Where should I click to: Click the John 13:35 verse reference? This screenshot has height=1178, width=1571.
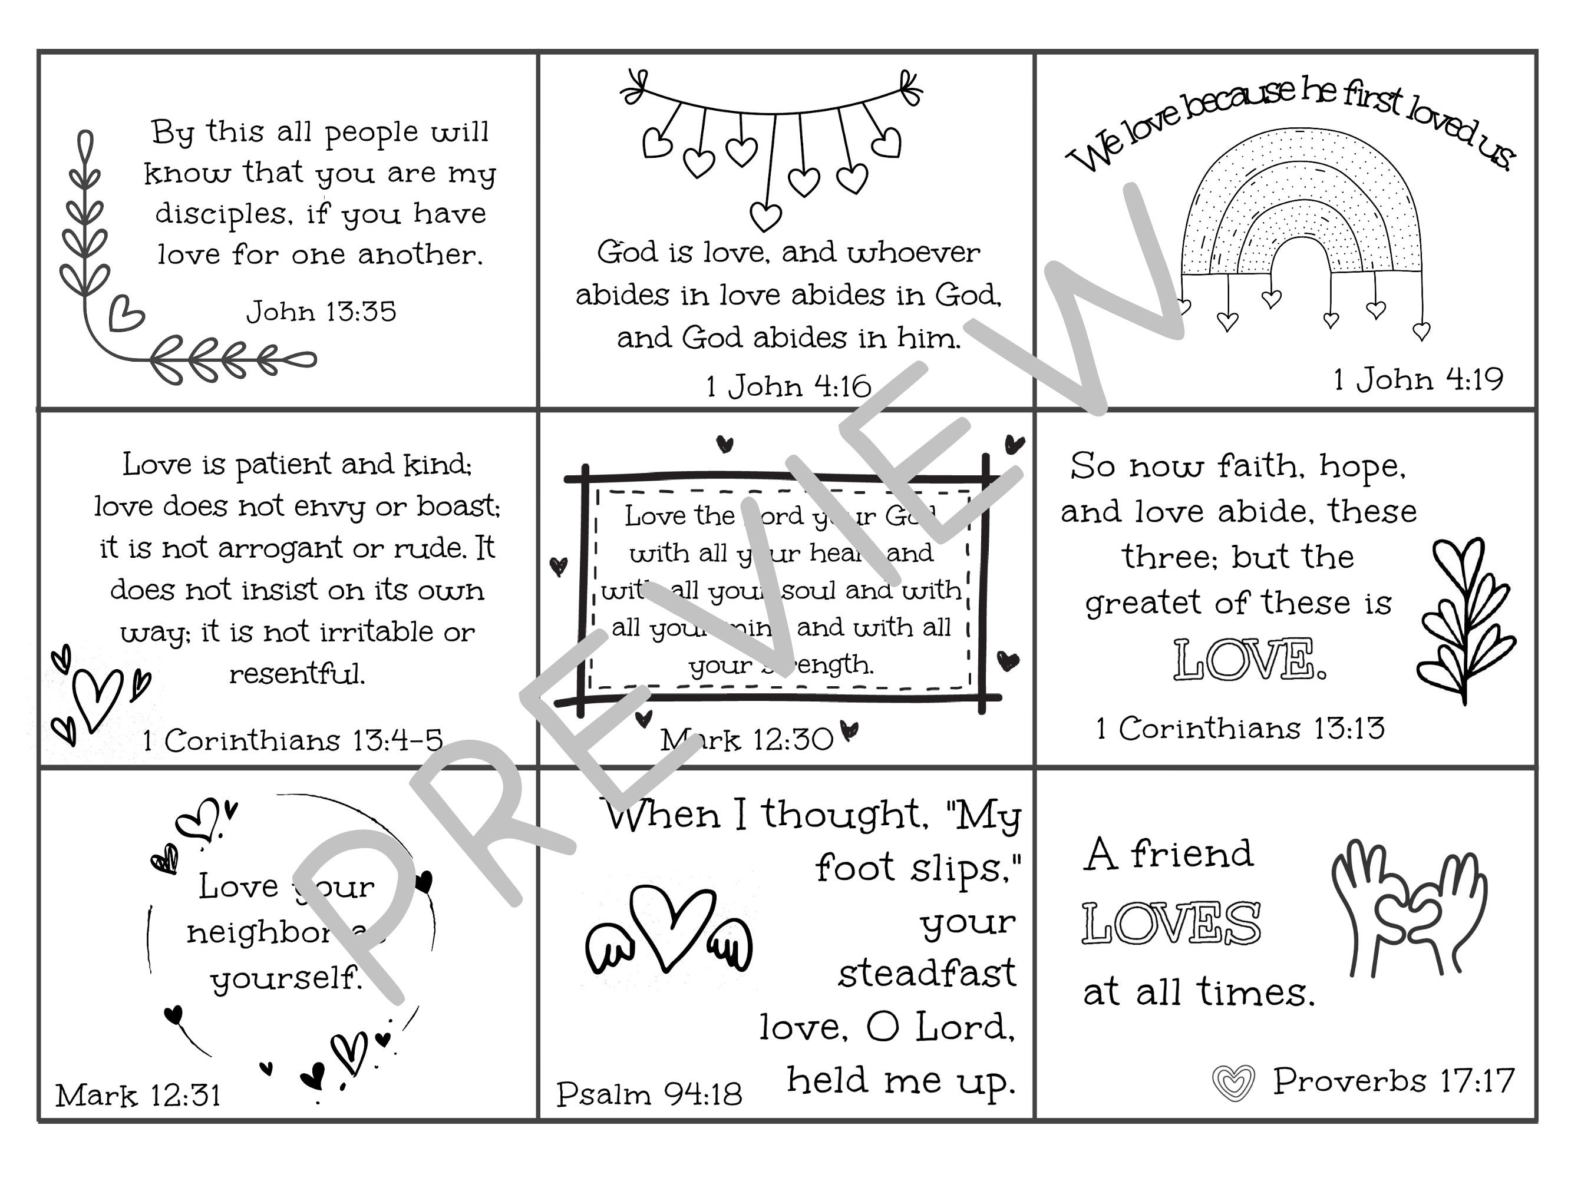pos(321,312)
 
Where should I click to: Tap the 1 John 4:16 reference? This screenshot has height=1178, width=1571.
pos(788,386)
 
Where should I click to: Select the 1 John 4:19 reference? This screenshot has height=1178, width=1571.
pos(1418,379)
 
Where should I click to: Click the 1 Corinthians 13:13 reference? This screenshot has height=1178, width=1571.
pos(1239,728)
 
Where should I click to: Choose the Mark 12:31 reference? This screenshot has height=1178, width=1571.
pos(138,1095)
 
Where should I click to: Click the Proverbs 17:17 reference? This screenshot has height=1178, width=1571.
pos(1392,1081)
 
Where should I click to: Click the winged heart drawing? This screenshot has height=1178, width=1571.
pos(668,931)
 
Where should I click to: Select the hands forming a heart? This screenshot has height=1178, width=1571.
pos(1409,908)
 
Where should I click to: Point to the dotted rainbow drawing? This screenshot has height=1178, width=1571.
pos(1301,206)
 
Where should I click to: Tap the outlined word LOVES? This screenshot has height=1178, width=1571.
pos(1171,923)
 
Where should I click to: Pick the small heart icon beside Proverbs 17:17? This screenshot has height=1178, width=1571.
pos(1233,1083)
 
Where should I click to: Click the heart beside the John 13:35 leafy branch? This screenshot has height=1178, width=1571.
pos(126,313)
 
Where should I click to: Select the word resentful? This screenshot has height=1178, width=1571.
pos(297,673)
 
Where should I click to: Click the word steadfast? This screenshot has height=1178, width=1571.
pos(926,974)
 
